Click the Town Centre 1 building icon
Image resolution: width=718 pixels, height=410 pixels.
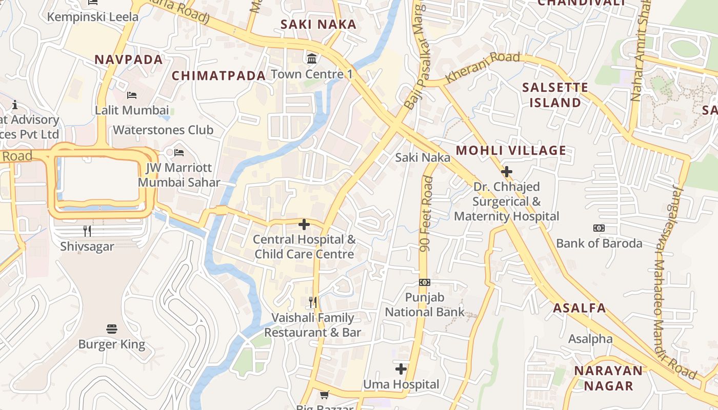click(311, 58)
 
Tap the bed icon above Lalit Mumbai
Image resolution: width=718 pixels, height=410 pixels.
click(132, 95)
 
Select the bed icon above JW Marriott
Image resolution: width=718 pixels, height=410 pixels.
click(179, 153)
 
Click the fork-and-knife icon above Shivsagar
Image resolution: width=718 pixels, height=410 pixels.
click(87, 231)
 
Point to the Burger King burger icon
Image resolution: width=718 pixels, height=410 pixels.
click(112, 329)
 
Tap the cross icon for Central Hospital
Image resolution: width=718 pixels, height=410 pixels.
click(304, 224)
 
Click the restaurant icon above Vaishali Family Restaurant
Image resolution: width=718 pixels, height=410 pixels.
click(313, 302)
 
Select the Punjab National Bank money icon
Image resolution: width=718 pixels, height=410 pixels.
click(425, 282)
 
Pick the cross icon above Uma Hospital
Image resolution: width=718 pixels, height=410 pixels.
click(401, 369)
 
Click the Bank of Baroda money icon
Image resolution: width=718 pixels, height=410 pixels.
click(599, 228)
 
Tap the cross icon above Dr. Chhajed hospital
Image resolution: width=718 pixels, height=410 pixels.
click(507, 171)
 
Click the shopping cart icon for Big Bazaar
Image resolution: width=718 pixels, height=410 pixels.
click(324, 395)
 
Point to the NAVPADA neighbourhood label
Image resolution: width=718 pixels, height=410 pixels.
click(129, 59)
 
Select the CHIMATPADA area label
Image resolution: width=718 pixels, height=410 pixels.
click(218, 76)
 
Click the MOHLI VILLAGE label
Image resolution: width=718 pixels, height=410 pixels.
click(511, 150)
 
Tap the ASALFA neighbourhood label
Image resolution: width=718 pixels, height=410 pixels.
click(580, 308)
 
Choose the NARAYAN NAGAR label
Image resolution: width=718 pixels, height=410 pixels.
click(608, 378)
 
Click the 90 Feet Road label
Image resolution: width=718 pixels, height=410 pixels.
click(427, 214)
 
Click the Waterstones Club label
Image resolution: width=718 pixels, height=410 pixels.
click(163, 130)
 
